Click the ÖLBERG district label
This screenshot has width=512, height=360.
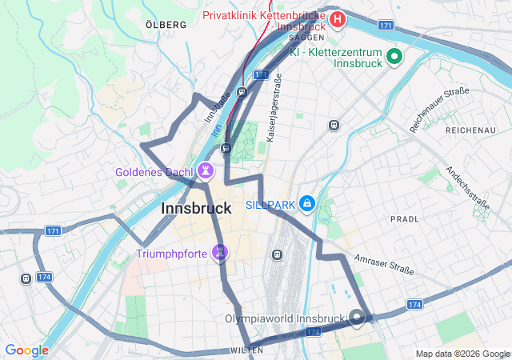(x=166, y=25)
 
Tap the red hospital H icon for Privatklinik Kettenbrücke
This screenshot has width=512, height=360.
(x=338, y=18)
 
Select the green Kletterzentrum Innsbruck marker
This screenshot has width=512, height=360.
(x=394, y=56)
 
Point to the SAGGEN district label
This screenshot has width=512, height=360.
(x=306, y=38)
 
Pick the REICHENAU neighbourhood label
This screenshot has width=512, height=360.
(x=471, y=130)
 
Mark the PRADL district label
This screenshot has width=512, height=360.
(x=404, y=218)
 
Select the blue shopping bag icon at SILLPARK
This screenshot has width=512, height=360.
(x=306, y=206)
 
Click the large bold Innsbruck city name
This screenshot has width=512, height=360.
(x=196, y=208)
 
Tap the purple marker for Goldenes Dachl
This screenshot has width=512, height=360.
(x=206, y=171)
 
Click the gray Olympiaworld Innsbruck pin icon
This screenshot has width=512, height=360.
(x=357, y=318)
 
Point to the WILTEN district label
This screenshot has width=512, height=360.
(x=247, y=350)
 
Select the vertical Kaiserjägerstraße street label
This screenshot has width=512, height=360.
(x=272, y=108)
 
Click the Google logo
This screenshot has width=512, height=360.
(x=26, y=350)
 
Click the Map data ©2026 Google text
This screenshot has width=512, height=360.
(x=462, y=354)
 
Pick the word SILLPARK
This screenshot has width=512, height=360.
(x=270, y=206)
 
